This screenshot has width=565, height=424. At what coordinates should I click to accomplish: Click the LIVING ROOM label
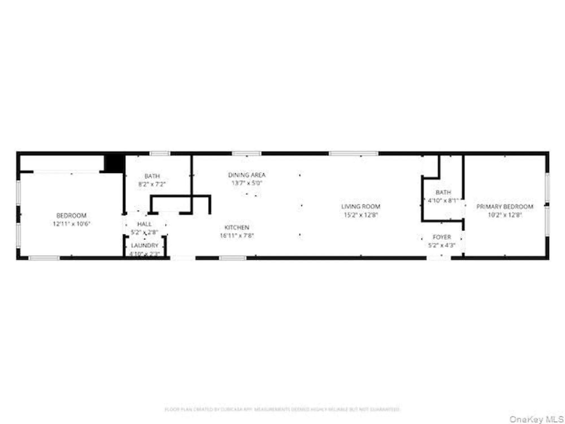click(360, 207)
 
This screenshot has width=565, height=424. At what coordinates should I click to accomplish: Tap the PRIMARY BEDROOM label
click(505, 207)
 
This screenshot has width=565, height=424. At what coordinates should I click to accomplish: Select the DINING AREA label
click(247, 175)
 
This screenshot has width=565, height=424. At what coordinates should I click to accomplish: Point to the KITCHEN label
click(237, 228)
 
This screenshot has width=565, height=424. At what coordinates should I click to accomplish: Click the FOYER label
click(442, 237)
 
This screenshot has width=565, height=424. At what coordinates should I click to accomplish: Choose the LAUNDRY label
click(145, 245)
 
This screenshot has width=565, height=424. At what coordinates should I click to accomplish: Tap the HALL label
click(144, 224)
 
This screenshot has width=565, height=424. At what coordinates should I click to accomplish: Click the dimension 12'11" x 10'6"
click(71, 224)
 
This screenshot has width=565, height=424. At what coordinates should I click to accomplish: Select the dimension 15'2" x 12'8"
click(361, 215)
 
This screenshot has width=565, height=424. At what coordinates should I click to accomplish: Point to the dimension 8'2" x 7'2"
click(152, 184)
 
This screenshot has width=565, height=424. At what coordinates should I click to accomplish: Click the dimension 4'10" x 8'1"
click(443, 201)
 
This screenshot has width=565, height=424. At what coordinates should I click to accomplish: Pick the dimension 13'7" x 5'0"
click(247, 183)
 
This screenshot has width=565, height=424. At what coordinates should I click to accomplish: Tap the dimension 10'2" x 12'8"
click(505, 215)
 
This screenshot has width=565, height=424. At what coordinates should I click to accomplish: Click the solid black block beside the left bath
click(114, 163)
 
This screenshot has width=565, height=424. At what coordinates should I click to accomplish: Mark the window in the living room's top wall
click(353, 153)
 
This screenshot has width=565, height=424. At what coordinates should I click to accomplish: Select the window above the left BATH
click(160, 153)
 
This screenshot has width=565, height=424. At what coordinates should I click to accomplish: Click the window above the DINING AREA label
click(247, 153)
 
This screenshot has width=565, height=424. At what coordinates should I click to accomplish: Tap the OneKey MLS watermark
click(536, 419)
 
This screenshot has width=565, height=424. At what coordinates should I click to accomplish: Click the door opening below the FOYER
click(438, 258)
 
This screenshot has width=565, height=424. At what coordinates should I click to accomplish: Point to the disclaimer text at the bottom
click(282, 409)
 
